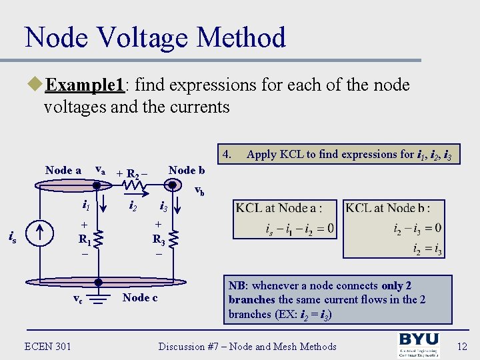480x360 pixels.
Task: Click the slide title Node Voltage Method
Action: tap(155, 37)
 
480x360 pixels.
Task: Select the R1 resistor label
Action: tap(85, 239)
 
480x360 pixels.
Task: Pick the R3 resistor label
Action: tap(159, 239)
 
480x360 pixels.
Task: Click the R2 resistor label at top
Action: tap(133, 175)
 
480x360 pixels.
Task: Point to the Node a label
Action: tap(63, 170)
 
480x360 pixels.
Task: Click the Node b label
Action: tap(191, 170)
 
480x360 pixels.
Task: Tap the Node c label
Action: tap(140, 297)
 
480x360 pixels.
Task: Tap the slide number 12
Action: tap(461, 346)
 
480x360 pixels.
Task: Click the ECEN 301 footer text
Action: tap(48, 345)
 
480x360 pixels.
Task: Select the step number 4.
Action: tap(227, 154)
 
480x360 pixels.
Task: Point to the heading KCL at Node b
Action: tap(387, 208)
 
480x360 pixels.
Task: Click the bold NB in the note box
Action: tap(237, 286)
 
